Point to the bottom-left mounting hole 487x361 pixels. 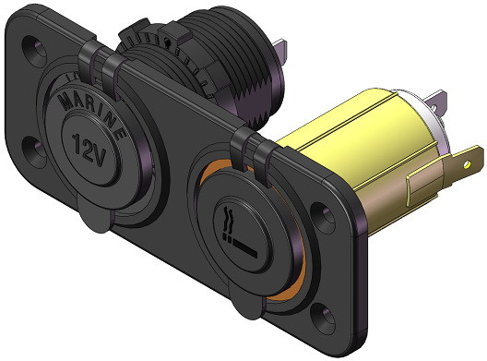click(34, 147)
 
